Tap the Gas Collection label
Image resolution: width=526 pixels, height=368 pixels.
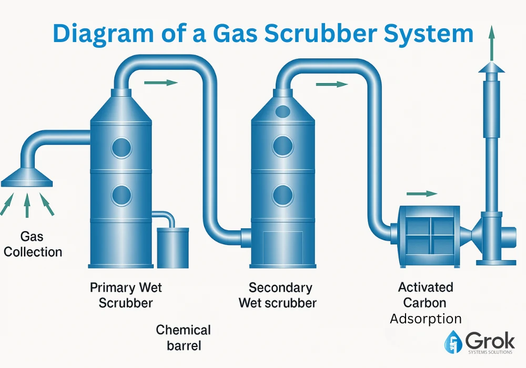pos(33,244)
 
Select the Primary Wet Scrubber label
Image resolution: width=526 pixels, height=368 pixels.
pos(126,295)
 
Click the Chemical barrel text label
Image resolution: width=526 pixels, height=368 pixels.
pos(184,338)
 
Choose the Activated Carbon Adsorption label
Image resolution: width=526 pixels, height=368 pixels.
pos(426,303)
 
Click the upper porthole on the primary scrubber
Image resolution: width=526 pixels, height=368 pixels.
pos(122,147)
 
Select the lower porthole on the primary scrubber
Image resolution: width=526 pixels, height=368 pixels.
pos(122,195)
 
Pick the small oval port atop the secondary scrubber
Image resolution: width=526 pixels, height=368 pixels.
pos(283,111)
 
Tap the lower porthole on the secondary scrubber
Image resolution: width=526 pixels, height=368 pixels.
pos(283,195)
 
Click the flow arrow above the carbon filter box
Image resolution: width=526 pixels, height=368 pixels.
pos(423,193)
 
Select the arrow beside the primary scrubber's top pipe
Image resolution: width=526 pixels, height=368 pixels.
pos(160,83)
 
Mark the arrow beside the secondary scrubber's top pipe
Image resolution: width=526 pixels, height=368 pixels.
pos(331,84)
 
